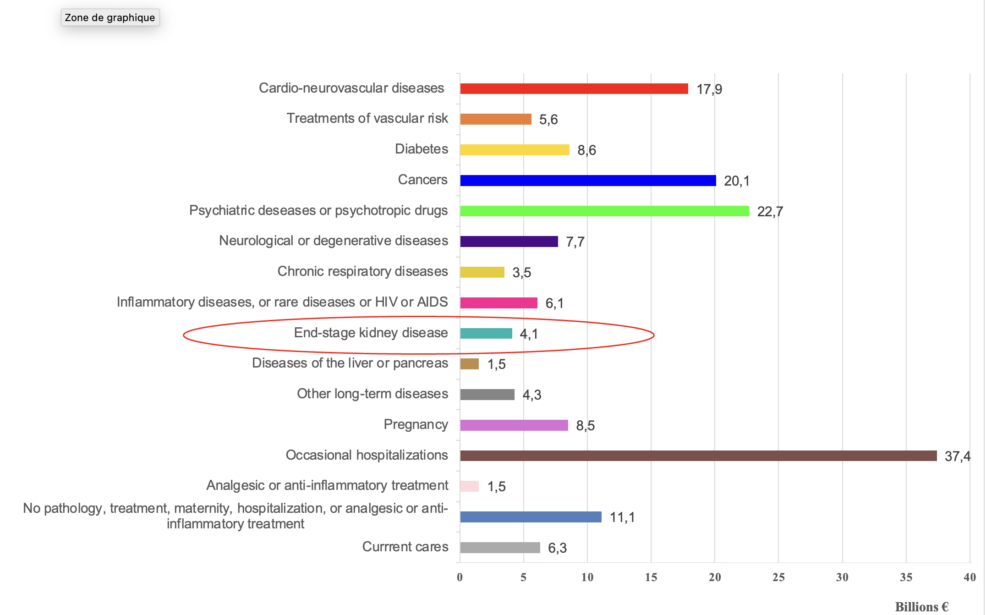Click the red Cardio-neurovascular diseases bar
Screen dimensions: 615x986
[574, 88]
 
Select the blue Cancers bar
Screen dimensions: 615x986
[588, 180]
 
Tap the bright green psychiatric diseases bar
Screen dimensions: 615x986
[604, 211]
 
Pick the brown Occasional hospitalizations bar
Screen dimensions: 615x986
[698, 456]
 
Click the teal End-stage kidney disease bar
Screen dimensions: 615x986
[486, 333]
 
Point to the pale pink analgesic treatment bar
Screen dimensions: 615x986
[469, 486]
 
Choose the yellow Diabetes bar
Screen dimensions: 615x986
[515, 150]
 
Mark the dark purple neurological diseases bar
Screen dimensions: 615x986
[509, 242]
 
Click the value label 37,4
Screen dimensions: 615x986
[957, 456]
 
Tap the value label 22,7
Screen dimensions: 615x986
[770, 211]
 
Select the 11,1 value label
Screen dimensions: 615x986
[622, 517]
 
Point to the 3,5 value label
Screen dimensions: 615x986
[521, 273]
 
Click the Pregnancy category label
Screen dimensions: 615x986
[416, 424]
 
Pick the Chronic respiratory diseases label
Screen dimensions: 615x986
[362, 271]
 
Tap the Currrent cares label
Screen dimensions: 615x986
[405, 547]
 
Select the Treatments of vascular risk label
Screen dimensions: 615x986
[367, 118]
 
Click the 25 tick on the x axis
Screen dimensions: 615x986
[778, 577]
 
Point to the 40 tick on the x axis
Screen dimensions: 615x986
[970, 577]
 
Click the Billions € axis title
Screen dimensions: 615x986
[921, 607]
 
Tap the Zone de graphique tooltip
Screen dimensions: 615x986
[110, 17]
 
